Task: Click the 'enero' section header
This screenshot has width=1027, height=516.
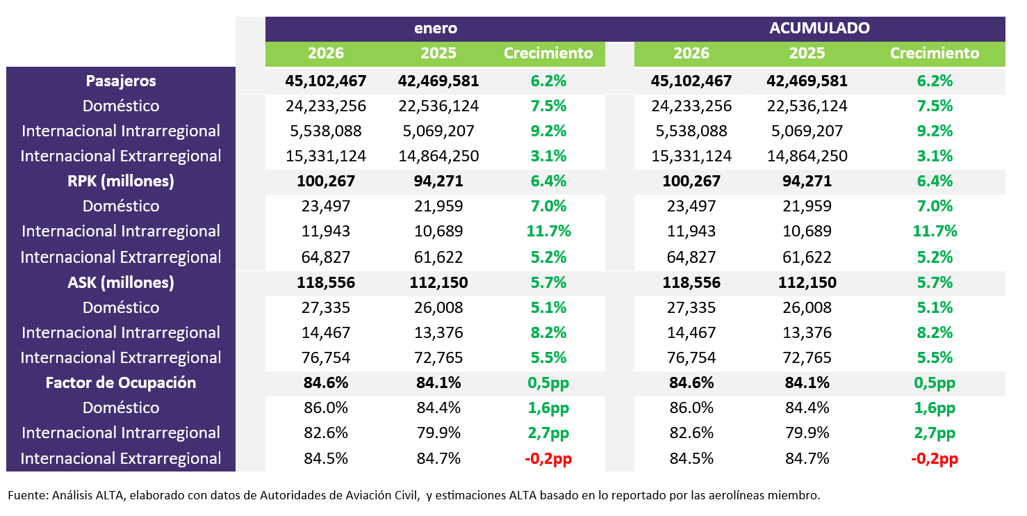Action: [436, 29]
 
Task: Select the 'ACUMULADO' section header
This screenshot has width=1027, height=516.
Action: [819, 29]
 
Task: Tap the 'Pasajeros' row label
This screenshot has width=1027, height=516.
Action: [121, 81]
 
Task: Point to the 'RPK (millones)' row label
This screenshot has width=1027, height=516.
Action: [121, 181]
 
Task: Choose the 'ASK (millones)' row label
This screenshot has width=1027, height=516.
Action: [121, 282]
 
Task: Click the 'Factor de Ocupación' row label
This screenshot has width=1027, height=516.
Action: [121, 382]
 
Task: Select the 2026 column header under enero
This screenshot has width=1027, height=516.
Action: [325, 54]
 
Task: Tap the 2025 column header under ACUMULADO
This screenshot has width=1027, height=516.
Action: [807, 54]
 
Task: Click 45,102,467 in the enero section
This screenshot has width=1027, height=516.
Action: [325, 81]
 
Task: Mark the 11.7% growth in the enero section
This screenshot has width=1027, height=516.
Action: [549, 231]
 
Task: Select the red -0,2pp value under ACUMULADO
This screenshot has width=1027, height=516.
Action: [934, 459]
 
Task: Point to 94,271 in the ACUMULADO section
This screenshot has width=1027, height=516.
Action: [807, 181]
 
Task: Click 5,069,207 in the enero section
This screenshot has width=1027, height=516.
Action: [438, 131]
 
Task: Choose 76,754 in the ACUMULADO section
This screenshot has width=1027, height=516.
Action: [691, 357]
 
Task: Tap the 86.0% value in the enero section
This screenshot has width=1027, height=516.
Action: [325, 408]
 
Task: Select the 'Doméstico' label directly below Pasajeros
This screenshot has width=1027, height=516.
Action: [121, 106]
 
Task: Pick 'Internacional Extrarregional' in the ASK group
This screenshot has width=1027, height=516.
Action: [121, 357]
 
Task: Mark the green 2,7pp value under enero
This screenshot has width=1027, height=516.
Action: [549, 433]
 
